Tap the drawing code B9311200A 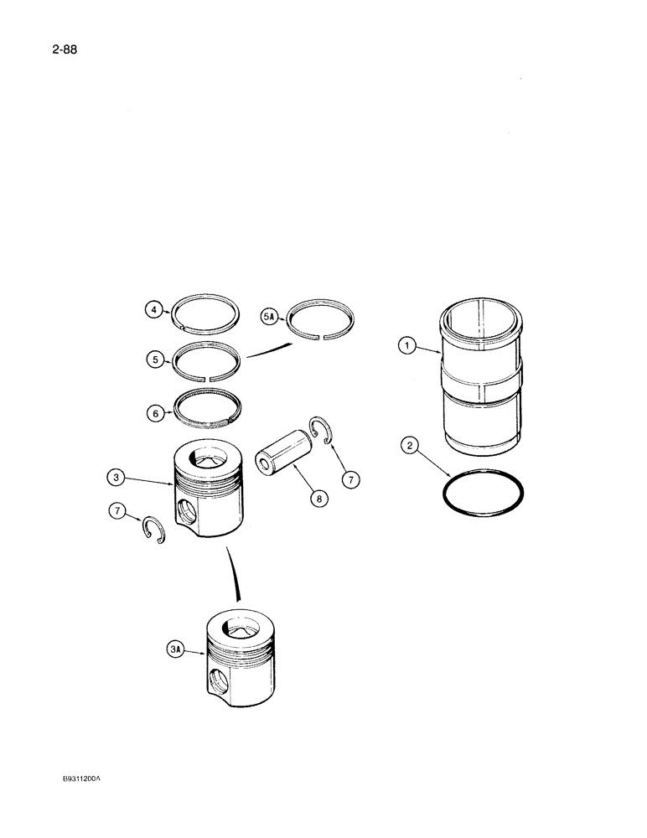80,778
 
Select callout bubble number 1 407,345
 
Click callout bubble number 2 410,446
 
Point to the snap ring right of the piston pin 321,429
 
